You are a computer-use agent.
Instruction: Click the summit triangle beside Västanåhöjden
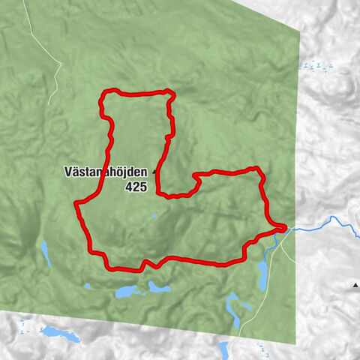tap(154, 172)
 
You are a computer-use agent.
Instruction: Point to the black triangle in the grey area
tap(355, 285)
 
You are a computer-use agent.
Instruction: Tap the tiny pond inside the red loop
tap(153, 217)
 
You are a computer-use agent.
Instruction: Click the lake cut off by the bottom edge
tap(223, 351)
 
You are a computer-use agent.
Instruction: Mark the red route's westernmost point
tap(76, 204)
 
